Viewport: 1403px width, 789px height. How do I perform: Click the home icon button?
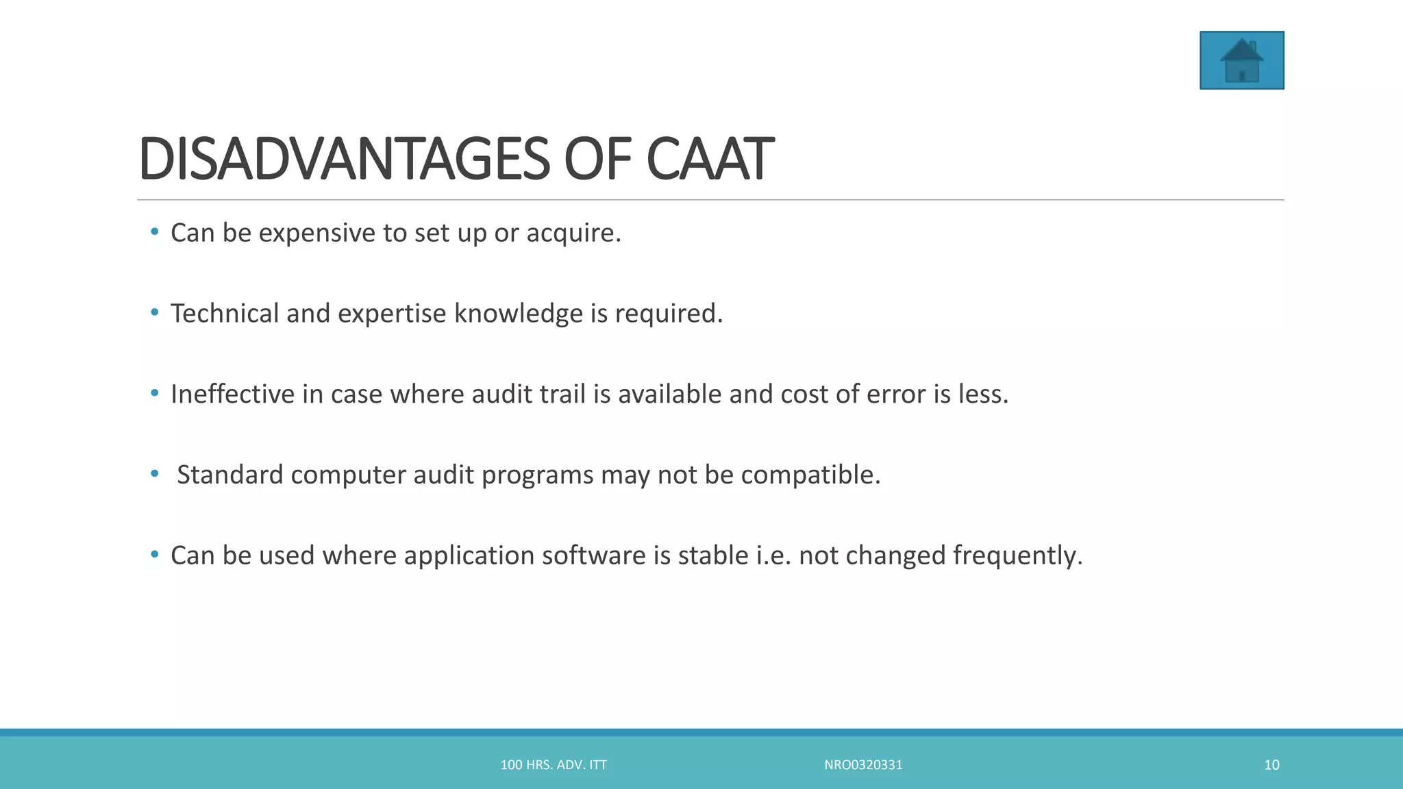(1241, 60)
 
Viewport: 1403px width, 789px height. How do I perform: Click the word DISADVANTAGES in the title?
(343, 159)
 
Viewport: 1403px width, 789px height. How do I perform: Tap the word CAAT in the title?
(710, 159)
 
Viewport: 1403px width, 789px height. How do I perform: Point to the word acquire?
(573, 234)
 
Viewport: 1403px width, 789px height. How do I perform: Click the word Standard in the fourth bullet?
(230, 475)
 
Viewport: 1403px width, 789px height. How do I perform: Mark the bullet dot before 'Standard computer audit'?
(155, 473)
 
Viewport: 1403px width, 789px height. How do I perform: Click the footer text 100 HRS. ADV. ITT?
(554, 765)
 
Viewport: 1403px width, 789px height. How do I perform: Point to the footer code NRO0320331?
(863, 765)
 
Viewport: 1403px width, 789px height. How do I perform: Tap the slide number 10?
(1271, 765)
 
